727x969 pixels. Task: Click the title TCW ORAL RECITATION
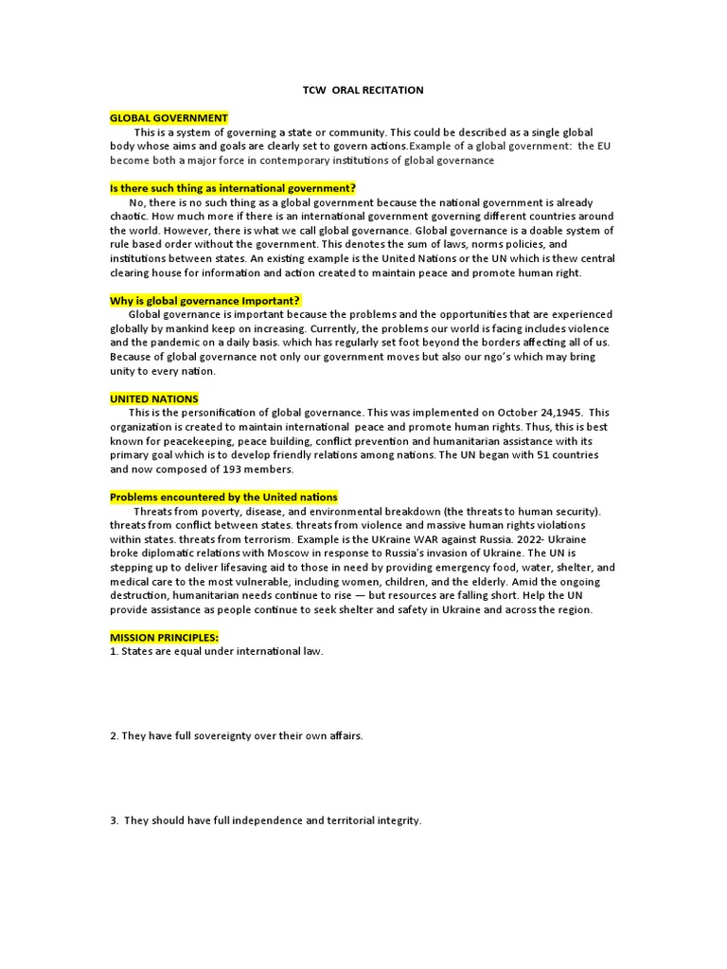tap(363, 90)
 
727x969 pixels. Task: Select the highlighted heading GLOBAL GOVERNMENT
tap(168, 118)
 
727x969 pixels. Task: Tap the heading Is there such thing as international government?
tap(233, 189)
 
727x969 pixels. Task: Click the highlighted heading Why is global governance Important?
tap(204, 301)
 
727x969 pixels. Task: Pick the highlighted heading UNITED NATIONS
tap(154, 399)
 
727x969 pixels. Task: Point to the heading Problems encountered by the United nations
tap(223, 498)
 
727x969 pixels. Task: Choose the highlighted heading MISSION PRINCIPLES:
tap(164, 638)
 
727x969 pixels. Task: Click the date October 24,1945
tap(540, 414)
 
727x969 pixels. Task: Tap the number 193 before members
tap(232, 469)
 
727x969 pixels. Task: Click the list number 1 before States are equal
tap(113, 652)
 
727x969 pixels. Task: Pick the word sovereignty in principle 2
tap(221, 736)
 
